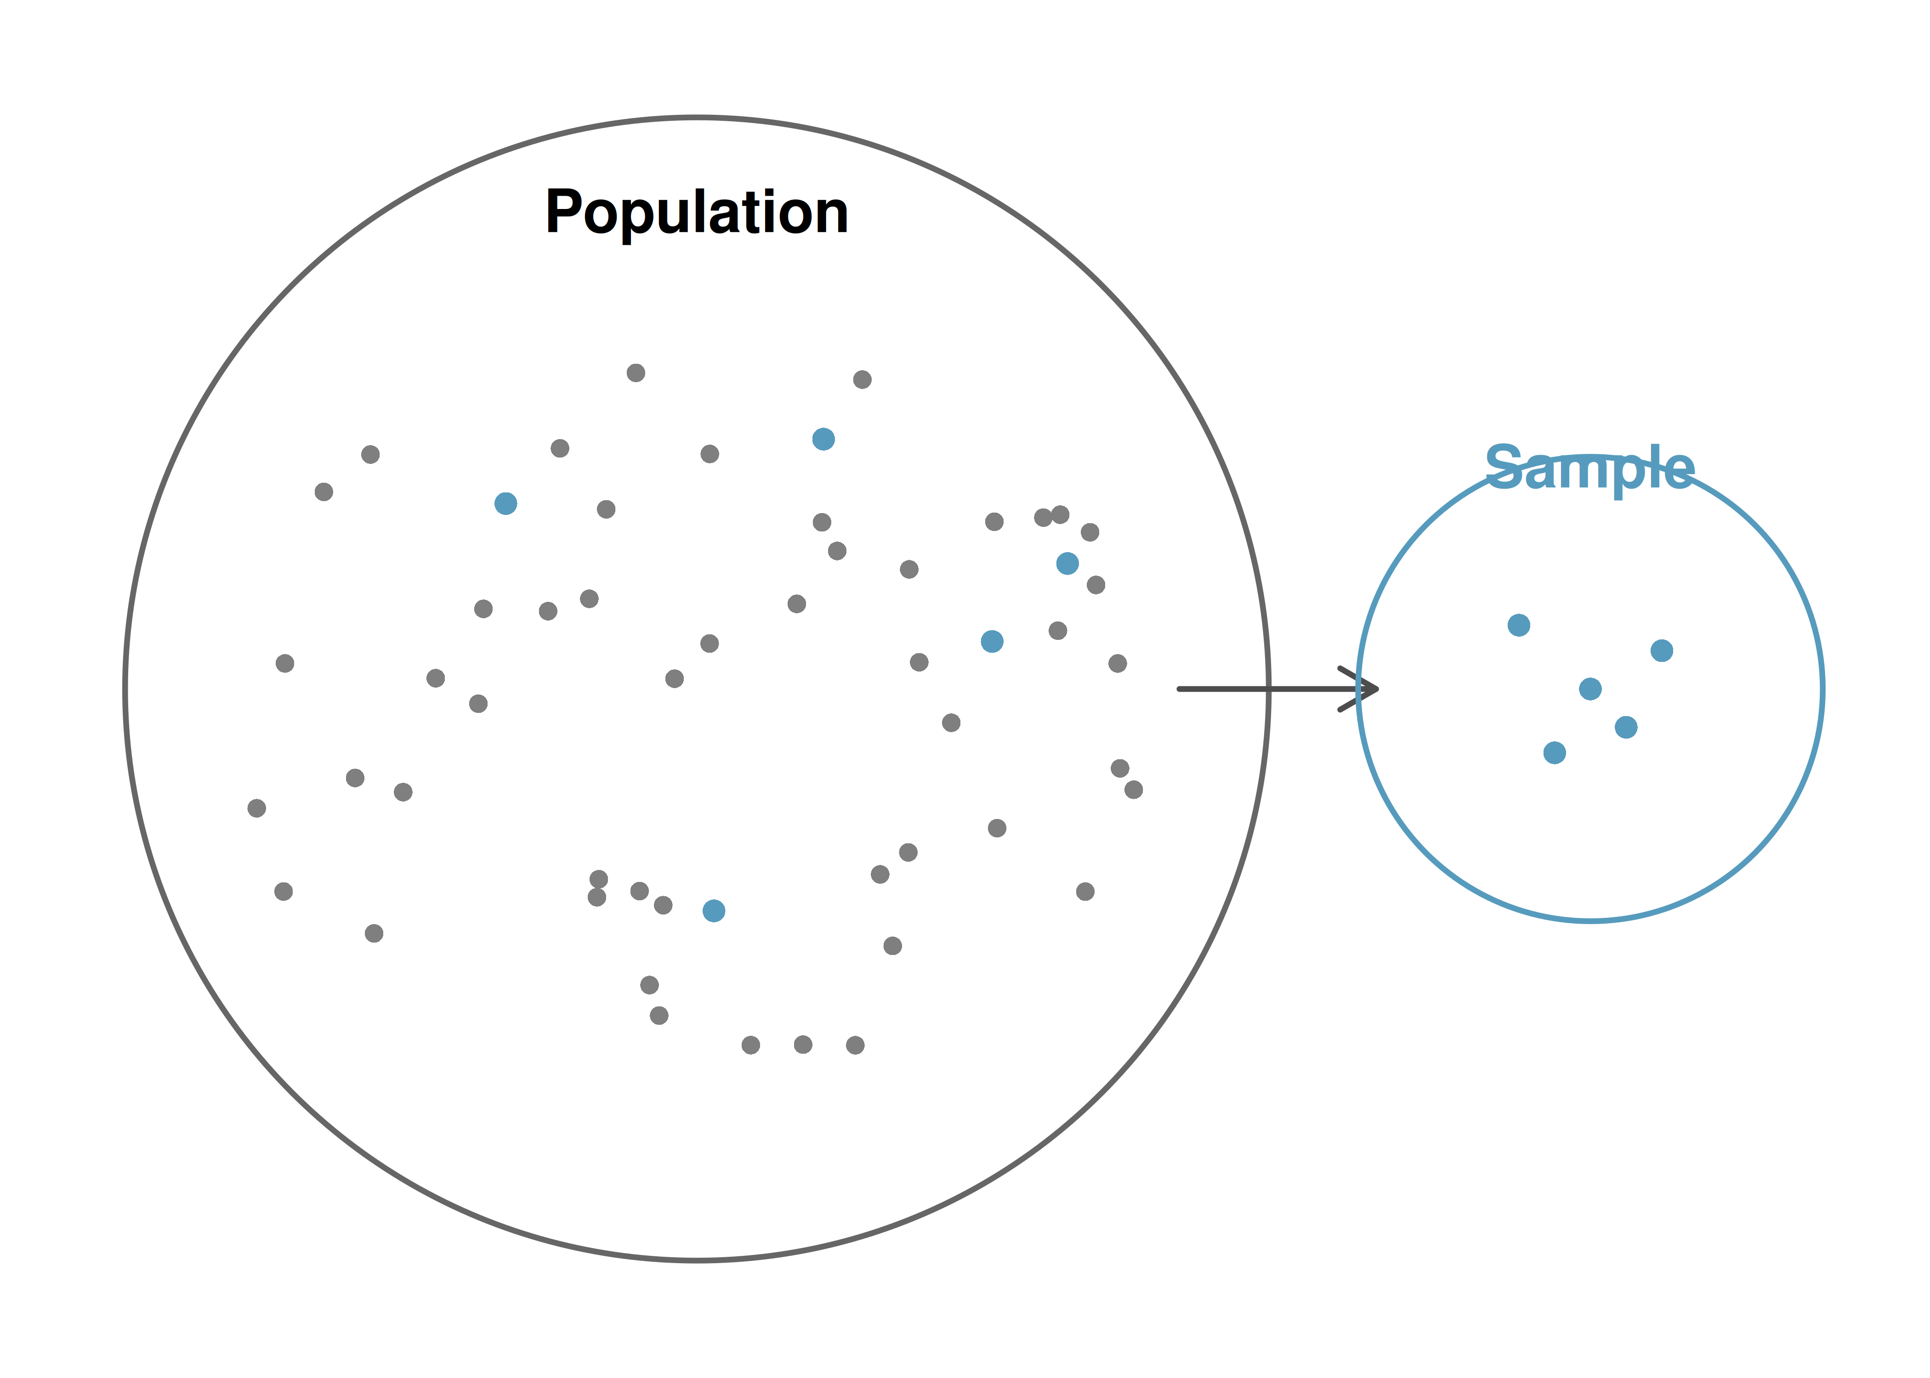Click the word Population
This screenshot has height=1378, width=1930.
[696, 212]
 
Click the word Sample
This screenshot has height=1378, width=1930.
[1589, 469]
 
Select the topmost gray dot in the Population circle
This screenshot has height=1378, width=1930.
[636, 373]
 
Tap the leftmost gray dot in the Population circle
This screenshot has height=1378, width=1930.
[256, 808]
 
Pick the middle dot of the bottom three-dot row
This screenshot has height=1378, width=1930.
[803, 1045]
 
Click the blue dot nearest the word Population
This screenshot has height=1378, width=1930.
[823, 439]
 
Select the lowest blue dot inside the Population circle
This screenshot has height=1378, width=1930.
[714, 910]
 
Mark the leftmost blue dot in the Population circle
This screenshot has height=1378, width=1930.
[506, 503]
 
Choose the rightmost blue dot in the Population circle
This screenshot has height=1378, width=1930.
[1067, 563]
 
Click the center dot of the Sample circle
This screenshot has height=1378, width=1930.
[1590, 688]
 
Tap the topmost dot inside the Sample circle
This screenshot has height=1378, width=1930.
[1519, 625]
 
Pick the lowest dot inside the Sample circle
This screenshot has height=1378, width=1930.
[1555, 753]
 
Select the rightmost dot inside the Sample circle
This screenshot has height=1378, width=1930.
[1662, 650]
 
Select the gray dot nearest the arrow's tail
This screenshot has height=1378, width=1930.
[1118, 663]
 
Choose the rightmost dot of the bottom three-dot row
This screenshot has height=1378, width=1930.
[856, 1045]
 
